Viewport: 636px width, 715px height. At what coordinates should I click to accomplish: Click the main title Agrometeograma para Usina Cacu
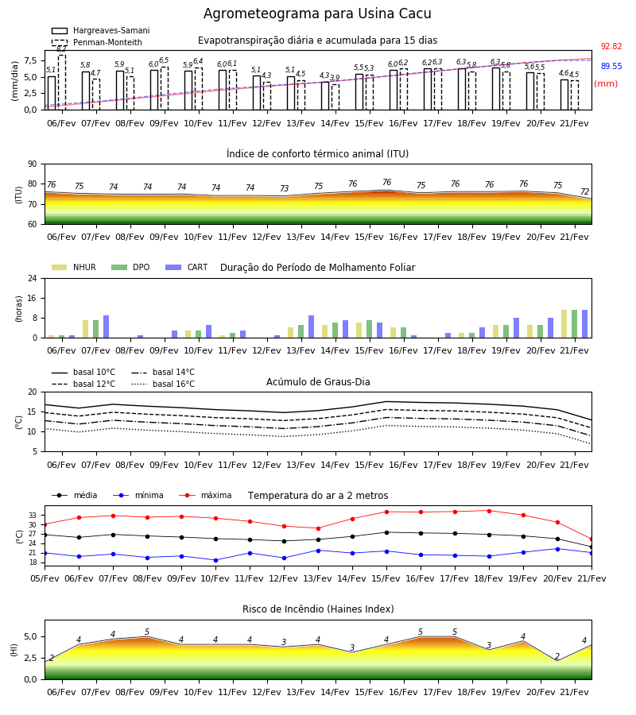pos(317,14)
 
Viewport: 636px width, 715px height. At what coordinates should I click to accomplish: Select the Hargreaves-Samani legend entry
pos(101,30)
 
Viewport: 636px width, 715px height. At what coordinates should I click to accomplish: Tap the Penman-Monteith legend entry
pos(97,42)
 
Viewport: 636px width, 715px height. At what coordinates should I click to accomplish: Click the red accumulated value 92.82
pos(611,46)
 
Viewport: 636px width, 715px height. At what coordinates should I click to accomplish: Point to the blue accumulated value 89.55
pos(611,66)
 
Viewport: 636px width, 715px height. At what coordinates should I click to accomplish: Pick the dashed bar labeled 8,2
pos(62,82)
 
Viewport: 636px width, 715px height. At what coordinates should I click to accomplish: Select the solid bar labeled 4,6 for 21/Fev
pos(564,95)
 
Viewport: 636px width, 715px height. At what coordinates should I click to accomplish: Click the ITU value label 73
pos(285,188)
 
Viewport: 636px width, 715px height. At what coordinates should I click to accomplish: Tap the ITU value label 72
pos(584,191)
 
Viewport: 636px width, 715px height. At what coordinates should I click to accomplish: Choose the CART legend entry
pos(187,267)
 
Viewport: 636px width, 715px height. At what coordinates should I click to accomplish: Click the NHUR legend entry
pos(74,267)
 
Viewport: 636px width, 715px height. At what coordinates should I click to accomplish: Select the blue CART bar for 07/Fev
pos(107,327)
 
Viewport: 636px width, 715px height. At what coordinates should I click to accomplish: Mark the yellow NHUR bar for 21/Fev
pos(564,324)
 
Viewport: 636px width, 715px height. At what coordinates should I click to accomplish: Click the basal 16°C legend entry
pos(163,384)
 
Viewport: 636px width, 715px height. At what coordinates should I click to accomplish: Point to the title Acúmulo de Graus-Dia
pos(318,381)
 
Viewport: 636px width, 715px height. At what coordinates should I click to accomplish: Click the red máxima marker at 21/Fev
pos(591,539)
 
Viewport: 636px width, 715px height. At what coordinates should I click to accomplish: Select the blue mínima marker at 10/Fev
pos(215,560)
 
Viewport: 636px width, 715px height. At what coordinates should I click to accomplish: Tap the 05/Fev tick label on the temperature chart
pos(45,578)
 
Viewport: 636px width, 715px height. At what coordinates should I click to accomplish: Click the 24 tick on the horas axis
pos(33,278)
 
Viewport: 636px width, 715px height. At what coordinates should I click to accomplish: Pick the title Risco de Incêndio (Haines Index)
pos(318,609)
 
